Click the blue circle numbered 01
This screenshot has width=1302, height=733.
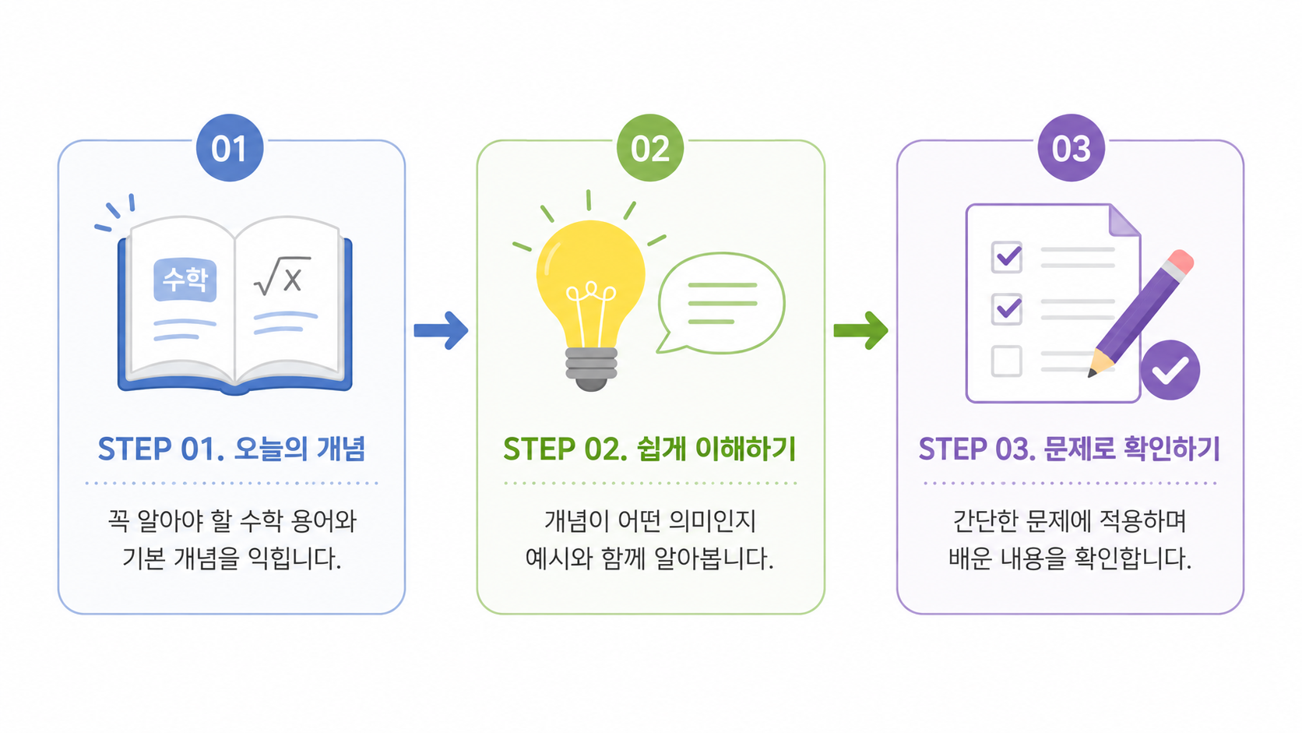tap(230, 148)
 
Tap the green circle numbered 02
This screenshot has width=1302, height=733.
tap(650, 148)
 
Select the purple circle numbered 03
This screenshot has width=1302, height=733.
tap(1071, 148)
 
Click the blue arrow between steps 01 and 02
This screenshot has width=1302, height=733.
tap(441, 331)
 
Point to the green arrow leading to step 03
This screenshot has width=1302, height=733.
tap(860, 331)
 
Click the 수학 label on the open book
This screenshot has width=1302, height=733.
tap(185, 280)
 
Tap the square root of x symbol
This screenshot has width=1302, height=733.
tap(282, 276)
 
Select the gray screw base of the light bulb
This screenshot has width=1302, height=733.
tap(591, 368)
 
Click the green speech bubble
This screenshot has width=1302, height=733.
tap(721, 303)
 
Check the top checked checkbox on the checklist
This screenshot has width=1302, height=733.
tap(1007, 257)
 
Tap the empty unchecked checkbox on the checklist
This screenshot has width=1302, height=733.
tap(1006, 361)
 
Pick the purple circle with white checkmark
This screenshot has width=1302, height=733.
tap(1170, 370)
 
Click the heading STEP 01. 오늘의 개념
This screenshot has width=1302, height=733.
tap(231, 449)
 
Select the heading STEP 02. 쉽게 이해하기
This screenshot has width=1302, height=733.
tap(649, 449)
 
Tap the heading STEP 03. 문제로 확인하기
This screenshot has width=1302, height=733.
tap(1069, 449)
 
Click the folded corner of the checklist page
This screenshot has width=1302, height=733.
tap(1123, 221)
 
